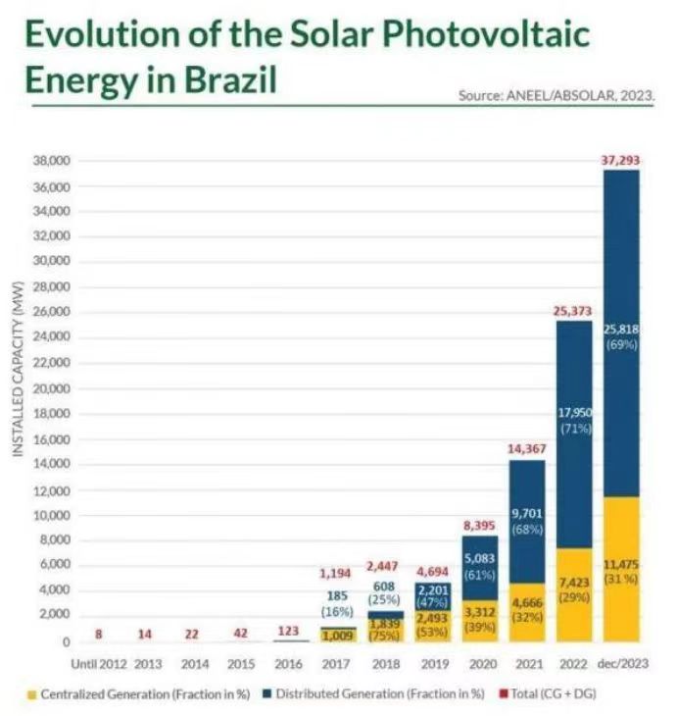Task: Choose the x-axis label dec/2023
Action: click(621, 663)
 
